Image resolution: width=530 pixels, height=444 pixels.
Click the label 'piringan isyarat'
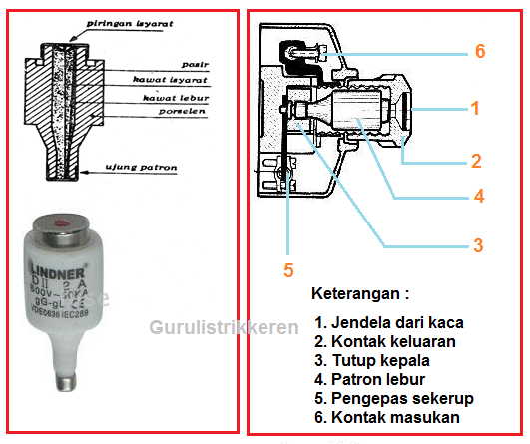click(x=124, y=21)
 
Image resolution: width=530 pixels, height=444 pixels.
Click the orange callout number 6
click(x=479, y=51)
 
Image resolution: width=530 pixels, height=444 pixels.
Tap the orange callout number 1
click(x=476, y=106)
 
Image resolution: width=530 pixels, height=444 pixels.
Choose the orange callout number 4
click(x=479, y=197)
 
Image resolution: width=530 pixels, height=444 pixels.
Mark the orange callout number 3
click(x=478, y=244)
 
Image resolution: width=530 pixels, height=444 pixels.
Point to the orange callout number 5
click(x=288, y=269)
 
